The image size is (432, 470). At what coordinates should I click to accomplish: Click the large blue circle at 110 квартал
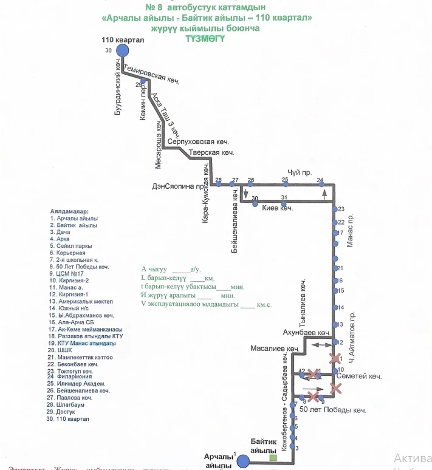pos(123,50)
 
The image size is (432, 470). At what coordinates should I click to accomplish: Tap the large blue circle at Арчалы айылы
pos(243,461)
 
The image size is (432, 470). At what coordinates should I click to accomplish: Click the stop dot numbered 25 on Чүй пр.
pos(285,185)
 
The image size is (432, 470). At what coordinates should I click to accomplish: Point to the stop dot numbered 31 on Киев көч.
pos(283,203)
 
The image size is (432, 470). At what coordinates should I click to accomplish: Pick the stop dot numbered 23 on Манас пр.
pos(335,209)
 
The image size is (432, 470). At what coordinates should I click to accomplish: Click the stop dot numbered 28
pos(218,185)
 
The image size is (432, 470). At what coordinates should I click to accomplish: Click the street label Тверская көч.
pos(212,152)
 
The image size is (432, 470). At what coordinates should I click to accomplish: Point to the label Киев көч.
pos(278,208)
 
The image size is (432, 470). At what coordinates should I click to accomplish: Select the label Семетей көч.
pos(363,376)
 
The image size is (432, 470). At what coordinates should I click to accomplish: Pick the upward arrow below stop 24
pos(325,193)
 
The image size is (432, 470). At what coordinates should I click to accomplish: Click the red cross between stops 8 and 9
pos(313,397)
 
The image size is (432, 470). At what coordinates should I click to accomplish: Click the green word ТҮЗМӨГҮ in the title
pos(205,38)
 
